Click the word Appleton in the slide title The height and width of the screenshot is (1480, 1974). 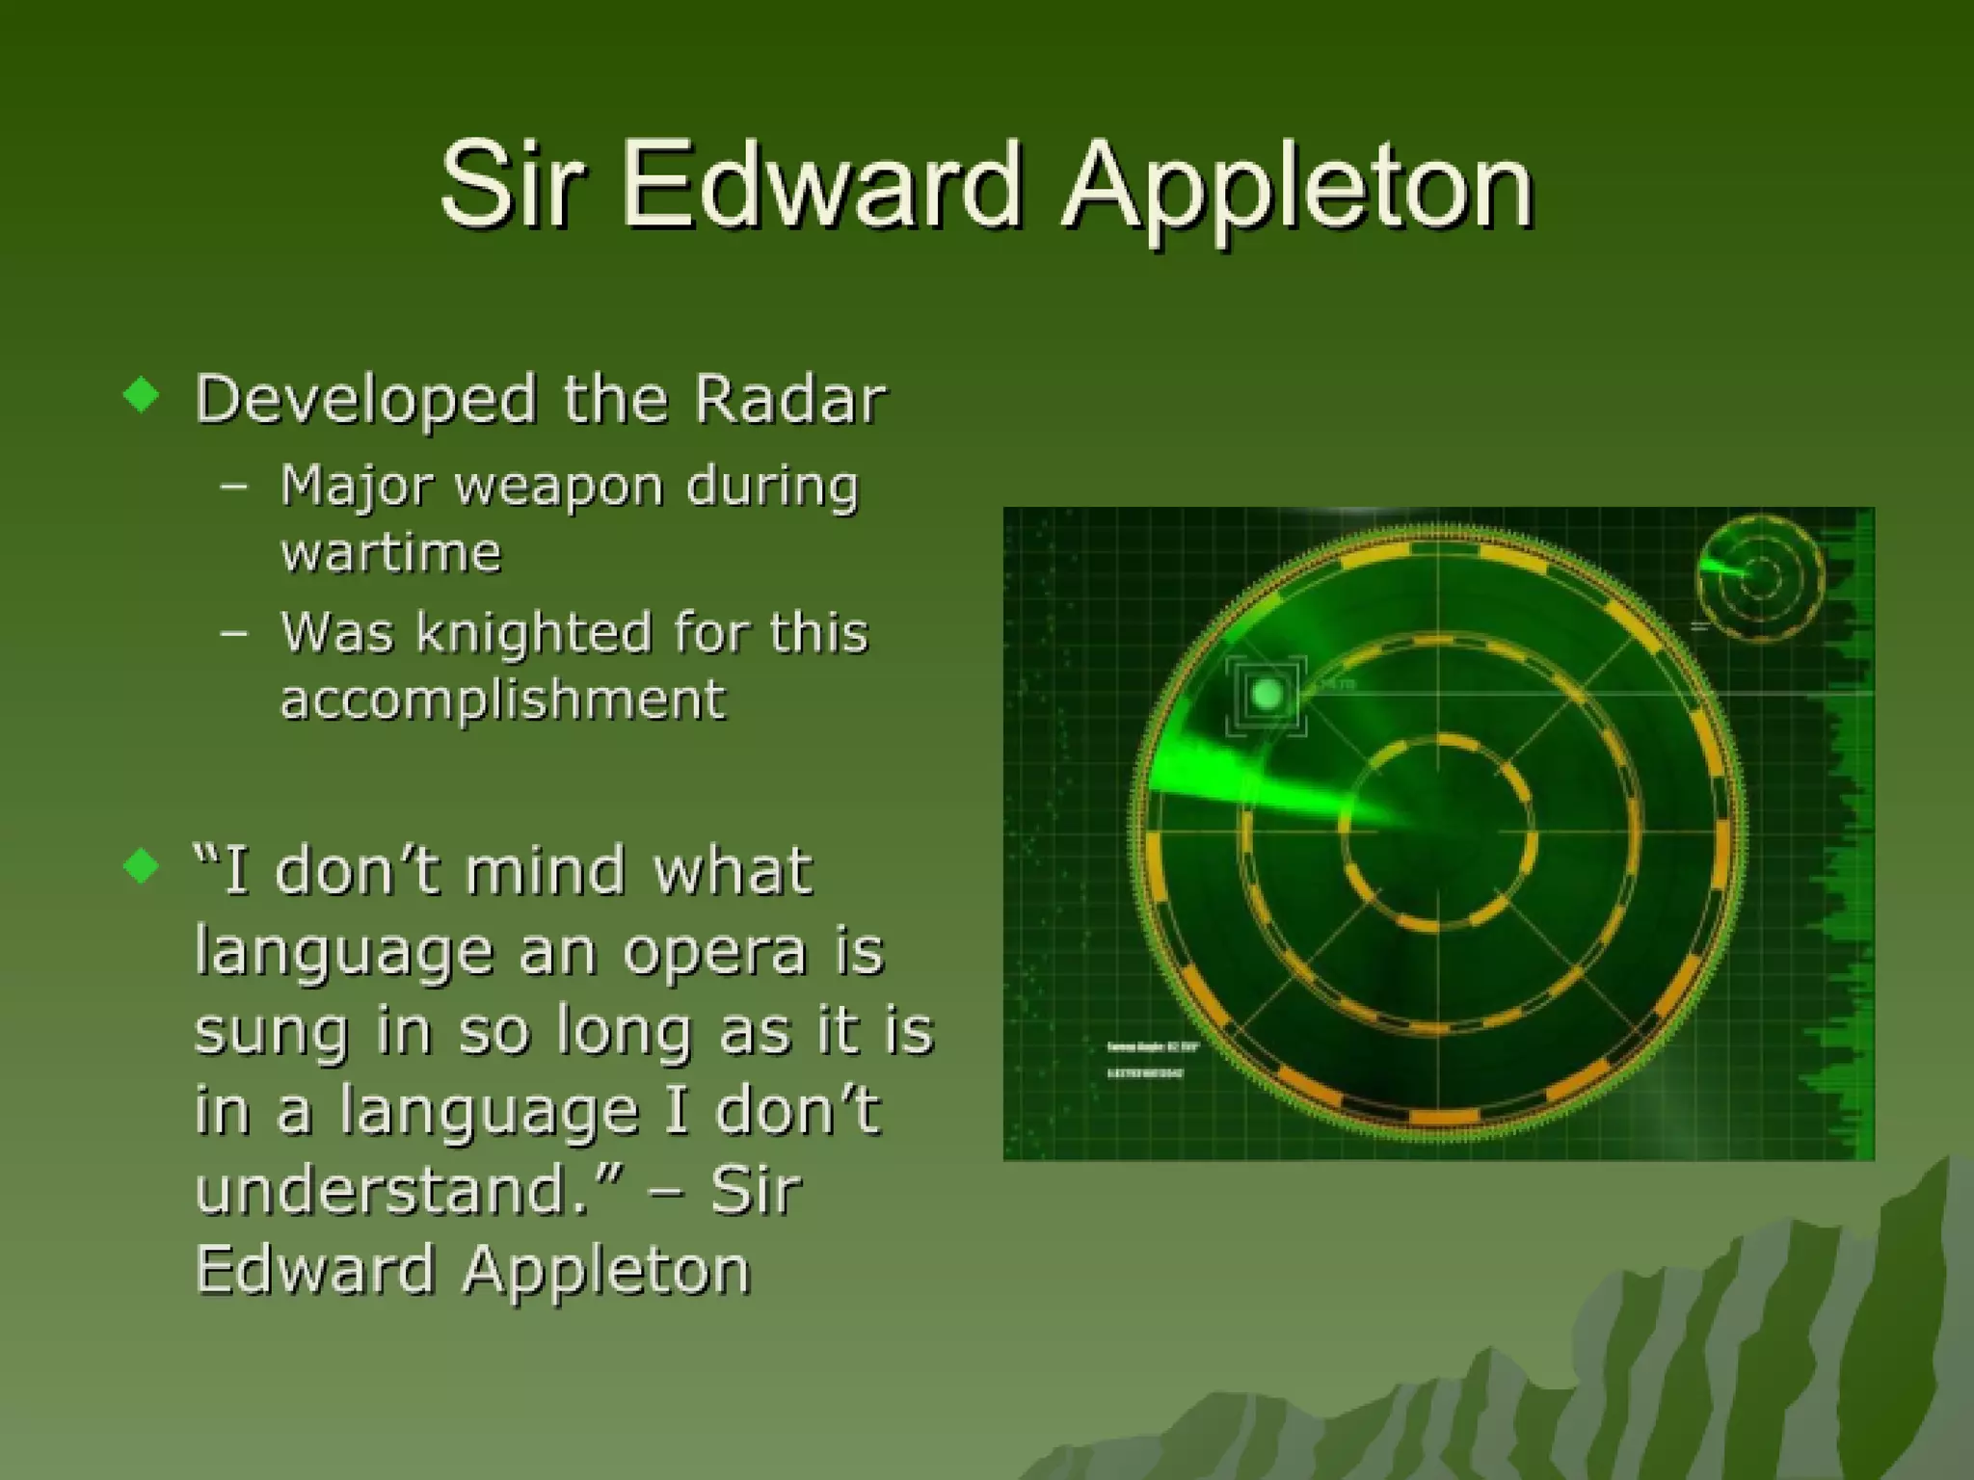(x=1296, y=188)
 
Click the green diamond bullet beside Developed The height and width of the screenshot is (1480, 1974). (x=142, y=394)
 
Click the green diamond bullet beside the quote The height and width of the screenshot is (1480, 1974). (x=142, y=865)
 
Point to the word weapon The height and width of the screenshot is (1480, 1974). (x=559, y=487)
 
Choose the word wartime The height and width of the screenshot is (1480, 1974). (x=391, y=553)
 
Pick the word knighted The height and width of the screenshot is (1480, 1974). (x=534, y=634)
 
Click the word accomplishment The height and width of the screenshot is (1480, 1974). (x=502, y=700)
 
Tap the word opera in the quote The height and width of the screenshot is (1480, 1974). (x=714, y=952)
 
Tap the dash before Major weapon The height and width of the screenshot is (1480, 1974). (x=233, y=486)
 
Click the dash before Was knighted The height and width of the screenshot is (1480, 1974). (x=233, y=633)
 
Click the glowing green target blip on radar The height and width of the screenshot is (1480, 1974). (x=1266, y=693)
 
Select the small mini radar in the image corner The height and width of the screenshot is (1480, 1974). (x=1759, y=578)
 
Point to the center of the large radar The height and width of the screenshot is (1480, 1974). (x=1438, y=832)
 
